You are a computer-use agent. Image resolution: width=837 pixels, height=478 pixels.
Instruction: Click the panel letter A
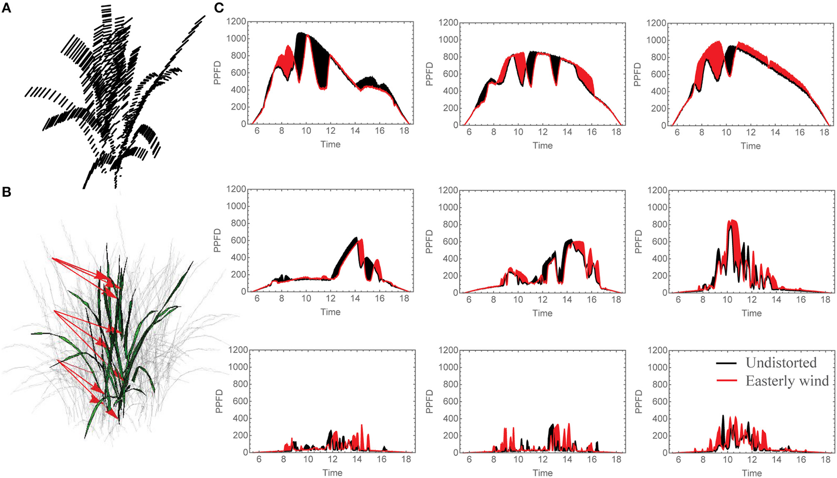point(6,8)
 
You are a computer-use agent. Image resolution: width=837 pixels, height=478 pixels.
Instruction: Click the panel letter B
point(6,192)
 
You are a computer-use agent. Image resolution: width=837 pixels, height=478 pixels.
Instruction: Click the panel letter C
point(219,8)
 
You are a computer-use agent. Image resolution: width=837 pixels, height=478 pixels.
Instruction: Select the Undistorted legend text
point(781,363)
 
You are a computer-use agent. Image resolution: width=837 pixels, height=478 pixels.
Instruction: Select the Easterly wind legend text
point(787,381)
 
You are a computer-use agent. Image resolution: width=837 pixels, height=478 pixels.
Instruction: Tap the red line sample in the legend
point(726,381)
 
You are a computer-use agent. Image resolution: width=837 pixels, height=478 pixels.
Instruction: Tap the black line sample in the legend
point(726,363)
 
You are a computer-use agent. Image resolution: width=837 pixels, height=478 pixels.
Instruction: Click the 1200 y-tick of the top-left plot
point(236,21)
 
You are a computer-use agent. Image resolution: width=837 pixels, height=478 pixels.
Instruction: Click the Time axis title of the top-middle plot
point(542,146)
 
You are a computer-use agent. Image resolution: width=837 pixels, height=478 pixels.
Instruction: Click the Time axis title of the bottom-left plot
point(332,473)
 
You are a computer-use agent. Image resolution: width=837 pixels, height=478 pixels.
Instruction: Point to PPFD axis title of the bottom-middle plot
point(429,401)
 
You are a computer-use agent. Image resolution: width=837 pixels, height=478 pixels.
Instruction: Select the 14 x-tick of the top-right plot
point(775,133)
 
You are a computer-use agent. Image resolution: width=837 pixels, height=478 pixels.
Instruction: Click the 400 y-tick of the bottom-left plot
point(239,418)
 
